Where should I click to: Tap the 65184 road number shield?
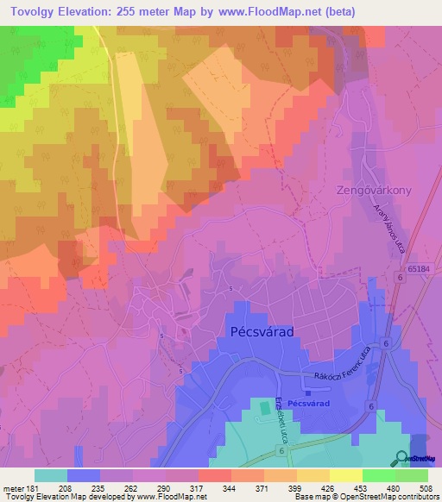coord(419,270)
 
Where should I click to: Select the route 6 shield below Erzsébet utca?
coord(282,449)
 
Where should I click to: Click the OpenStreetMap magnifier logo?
coord(402,457)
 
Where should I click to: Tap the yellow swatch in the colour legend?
coord(345,475)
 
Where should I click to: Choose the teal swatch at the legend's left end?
coord(50,475)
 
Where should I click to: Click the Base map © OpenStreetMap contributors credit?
coord(366,498)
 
